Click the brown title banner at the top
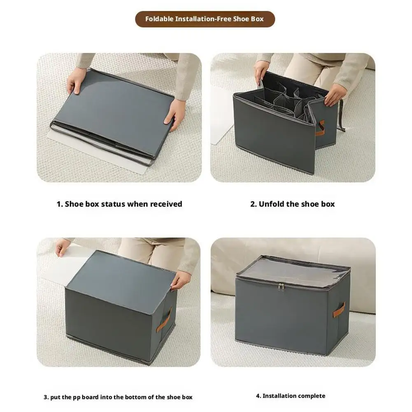pos(205,19)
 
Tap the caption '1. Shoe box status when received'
pos(119,204)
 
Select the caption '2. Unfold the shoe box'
pos(293,204)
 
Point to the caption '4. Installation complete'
pos(291,396)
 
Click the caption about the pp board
pos(118,397)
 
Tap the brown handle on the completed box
pos(339,310)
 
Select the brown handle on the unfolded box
pos(320,128)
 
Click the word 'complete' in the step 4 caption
pos(312,396)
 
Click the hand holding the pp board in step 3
pos(62,247)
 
